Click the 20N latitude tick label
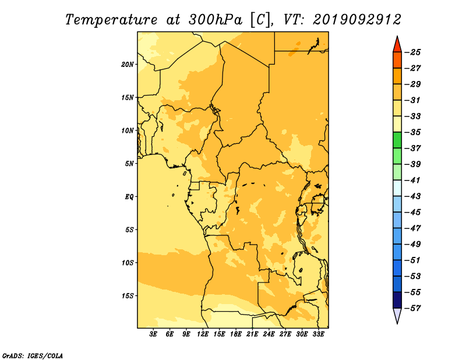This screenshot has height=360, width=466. coord(127,65)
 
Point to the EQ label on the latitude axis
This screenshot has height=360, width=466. coord(129,197)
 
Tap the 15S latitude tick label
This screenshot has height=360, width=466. coord(128,296)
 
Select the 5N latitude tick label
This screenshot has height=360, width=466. coord(129,164)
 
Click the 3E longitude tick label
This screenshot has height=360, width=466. coord(153,334)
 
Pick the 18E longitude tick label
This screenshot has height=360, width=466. coord(235,334)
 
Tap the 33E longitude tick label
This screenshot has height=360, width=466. coord(318,334)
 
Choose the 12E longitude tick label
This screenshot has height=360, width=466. coord(202,334)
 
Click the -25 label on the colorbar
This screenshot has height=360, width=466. coord(414,52)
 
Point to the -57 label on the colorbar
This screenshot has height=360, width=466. coord(414,308)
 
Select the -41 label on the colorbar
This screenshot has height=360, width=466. coord(414,180)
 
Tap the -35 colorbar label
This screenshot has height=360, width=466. coord(414,132)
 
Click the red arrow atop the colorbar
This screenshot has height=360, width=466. coord(397,45)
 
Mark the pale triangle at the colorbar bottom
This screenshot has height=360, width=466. coord(397,315)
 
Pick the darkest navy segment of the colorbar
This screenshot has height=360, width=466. coord(397,300)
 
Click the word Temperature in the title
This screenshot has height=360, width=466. coord(111,20)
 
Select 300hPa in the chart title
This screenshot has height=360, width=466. coord(215,20)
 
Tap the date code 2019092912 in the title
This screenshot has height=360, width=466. coord(357,20)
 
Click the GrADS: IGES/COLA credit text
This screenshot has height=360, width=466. coord(33,356)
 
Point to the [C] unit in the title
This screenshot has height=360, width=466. coord(260,20)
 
